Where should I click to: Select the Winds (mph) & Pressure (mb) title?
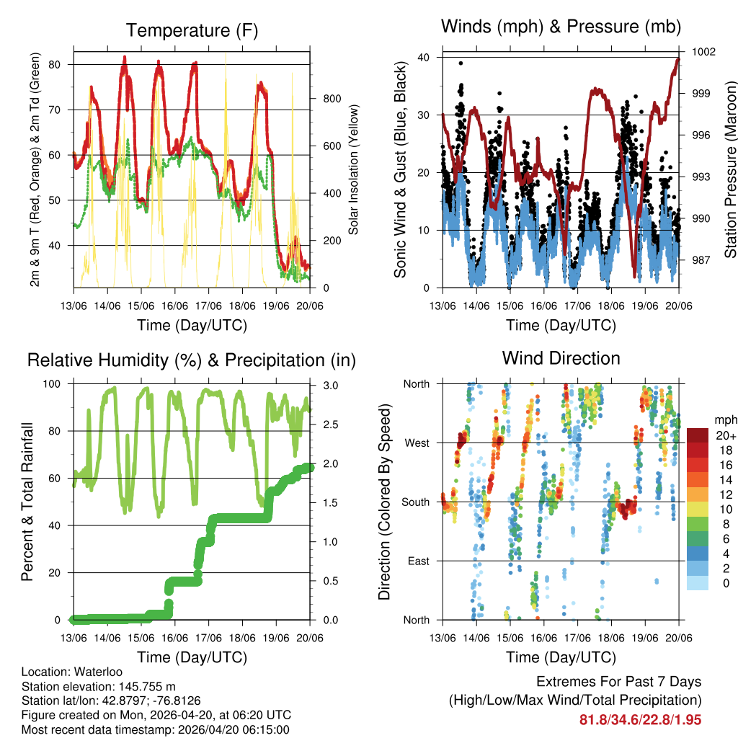point(561,27)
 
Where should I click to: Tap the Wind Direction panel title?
point(561,358)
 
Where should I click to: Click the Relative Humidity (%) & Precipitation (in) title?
point(191,360)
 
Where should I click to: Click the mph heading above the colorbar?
point(724,419)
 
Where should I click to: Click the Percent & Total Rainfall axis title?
point(27,502)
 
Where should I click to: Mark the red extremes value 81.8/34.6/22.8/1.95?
point(640,719)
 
